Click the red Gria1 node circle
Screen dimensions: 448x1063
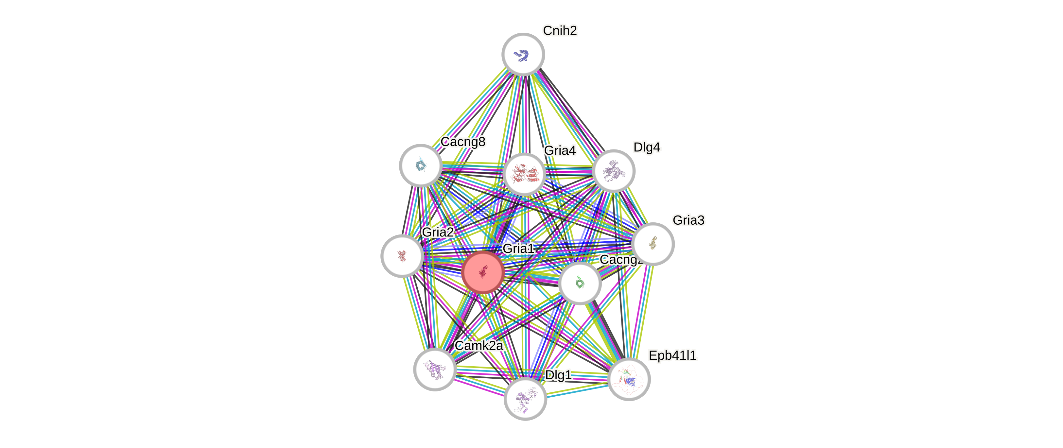(482, 273)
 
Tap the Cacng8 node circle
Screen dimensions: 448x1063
(421, 165)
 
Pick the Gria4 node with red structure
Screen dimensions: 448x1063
(524, 174)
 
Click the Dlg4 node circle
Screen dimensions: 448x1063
(613, 171)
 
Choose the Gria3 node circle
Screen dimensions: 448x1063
(653, 244)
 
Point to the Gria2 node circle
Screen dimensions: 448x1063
(402, 256)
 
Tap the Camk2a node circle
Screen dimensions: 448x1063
(435, 369)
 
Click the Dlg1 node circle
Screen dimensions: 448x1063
(525, 399)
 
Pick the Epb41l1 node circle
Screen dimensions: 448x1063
(628, 379)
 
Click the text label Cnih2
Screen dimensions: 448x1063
(560, 30)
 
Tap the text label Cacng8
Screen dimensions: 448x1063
(463, 142)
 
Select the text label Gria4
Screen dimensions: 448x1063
(560, 150)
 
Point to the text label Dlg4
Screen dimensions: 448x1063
(646, 147)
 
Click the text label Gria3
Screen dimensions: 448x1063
(688, 220)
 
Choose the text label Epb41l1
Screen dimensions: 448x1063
(672, 355)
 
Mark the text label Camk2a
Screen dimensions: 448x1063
(479, 346)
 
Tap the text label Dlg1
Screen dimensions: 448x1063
(558, 375)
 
